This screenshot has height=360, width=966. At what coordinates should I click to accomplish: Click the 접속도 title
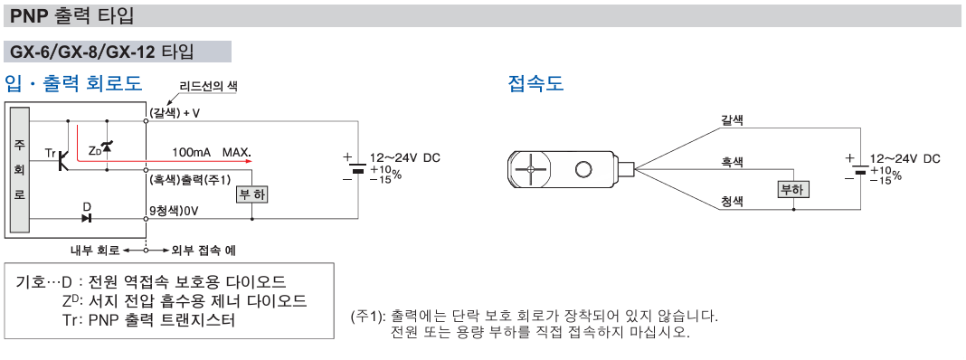[535, 84]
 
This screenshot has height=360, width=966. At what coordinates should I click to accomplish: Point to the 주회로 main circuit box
[20, 171]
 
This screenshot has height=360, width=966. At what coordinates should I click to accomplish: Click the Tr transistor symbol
[62, 161]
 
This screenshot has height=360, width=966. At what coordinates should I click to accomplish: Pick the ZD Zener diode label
[94, 149]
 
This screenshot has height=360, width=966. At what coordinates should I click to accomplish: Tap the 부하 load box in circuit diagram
[251, 195]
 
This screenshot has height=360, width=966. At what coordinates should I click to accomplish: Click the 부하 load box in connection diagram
[792, 189]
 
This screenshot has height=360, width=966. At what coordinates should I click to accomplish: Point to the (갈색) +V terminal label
[175, 113]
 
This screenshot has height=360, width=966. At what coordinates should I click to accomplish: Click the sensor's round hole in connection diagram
[583, 168]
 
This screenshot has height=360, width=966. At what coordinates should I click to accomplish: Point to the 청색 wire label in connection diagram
[733, 201]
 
